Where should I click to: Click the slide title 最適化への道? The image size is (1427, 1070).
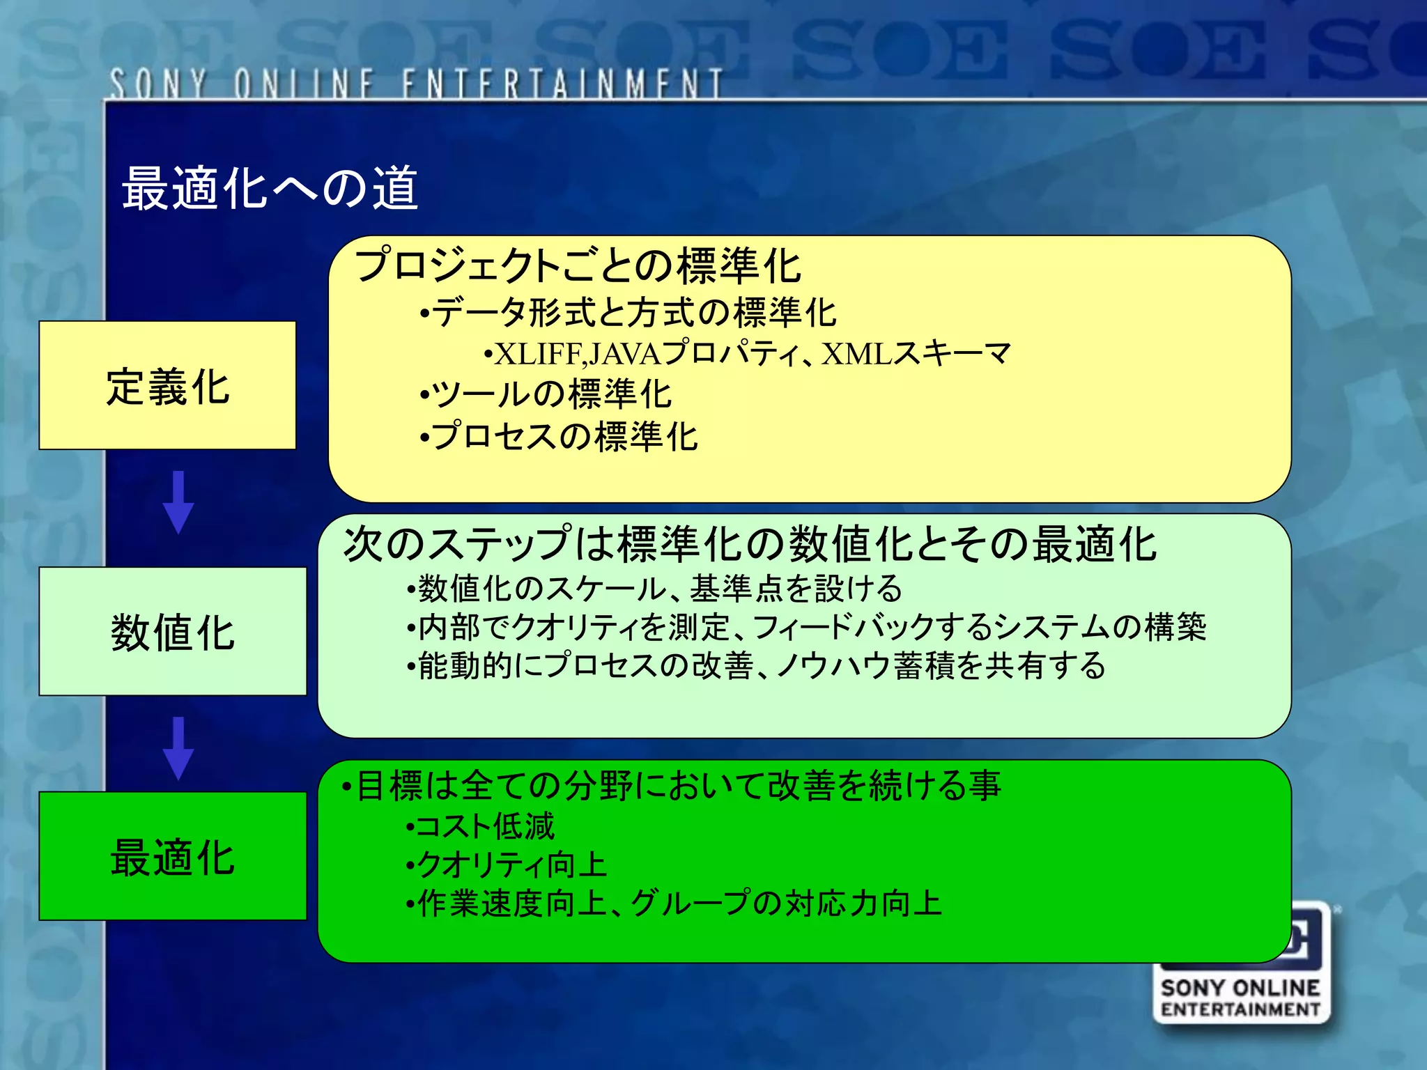270,188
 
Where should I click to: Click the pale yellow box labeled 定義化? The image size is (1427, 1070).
167,385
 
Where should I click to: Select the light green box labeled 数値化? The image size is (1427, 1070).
172,631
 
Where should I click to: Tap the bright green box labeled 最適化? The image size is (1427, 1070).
172,856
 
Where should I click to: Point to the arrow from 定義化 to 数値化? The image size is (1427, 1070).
178,502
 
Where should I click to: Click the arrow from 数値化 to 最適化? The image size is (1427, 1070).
178,747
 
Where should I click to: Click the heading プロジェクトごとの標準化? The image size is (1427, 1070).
578,266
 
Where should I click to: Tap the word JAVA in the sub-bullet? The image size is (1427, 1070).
624,355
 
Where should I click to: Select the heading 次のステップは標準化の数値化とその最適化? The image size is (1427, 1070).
750,544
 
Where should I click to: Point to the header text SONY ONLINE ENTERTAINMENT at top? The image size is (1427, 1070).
416,84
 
